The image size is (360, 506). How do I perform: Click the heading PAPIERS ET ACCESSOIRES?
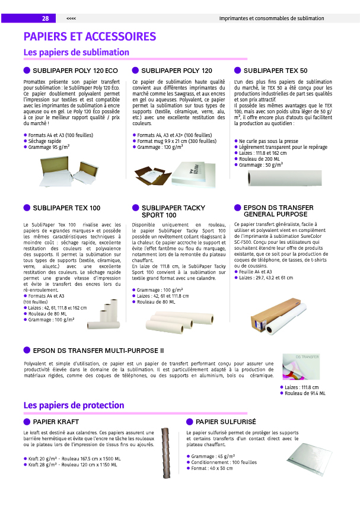(x=90, y=37)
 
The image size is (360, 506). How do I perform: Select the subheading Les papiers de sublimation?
(x=76, y=53)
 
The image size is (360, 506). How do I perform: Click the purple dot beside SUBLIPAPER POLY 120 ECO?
(x=27, y=71)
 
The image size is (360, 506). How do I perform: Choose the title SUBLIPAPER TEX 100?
(x=66, y=208)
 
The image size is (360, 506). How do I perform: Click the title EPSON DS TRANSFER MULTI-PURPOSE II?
(x=98, y=351)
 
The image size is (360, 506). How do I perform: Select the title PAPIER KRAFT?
(x=56, y=422)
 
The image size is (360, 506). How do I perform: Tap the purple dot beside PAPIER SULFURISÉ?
(x=190, y=422)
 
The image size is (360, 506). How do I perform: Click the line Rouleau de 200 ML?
(x=259, y=159)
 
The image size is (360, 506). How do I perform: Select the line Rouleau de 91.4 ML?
(x=305, y=393)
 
